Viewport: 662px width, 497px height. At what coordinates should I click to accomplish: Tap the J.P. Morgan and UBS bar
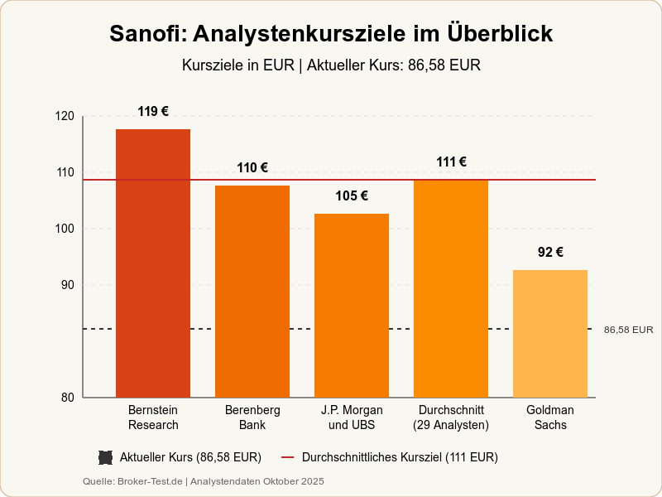coord(352,306)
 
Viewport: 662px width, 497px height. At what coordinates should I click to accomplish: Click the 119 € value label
coord(153,112)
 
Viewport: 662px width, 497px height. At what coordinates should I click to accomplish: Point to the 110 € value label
coord(252,168)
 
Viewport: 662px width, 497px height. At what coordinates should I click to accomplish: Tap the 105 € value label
coord(352,196)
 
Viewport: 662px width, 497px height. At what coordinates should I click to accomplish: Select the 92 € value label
coord(550,253)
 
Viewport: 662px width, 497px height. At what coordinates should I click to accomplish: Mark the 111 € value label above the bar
coord(451,162)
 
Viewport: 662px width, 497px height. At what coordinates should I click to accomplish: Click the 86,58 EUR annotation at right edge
coord(628,330)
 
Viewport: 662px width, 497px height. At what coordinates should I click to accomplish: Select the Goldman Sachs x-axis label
coord(550,417)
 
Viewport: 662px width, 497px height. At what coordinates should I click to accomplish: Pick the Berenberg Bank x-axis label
coord(252,417)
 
